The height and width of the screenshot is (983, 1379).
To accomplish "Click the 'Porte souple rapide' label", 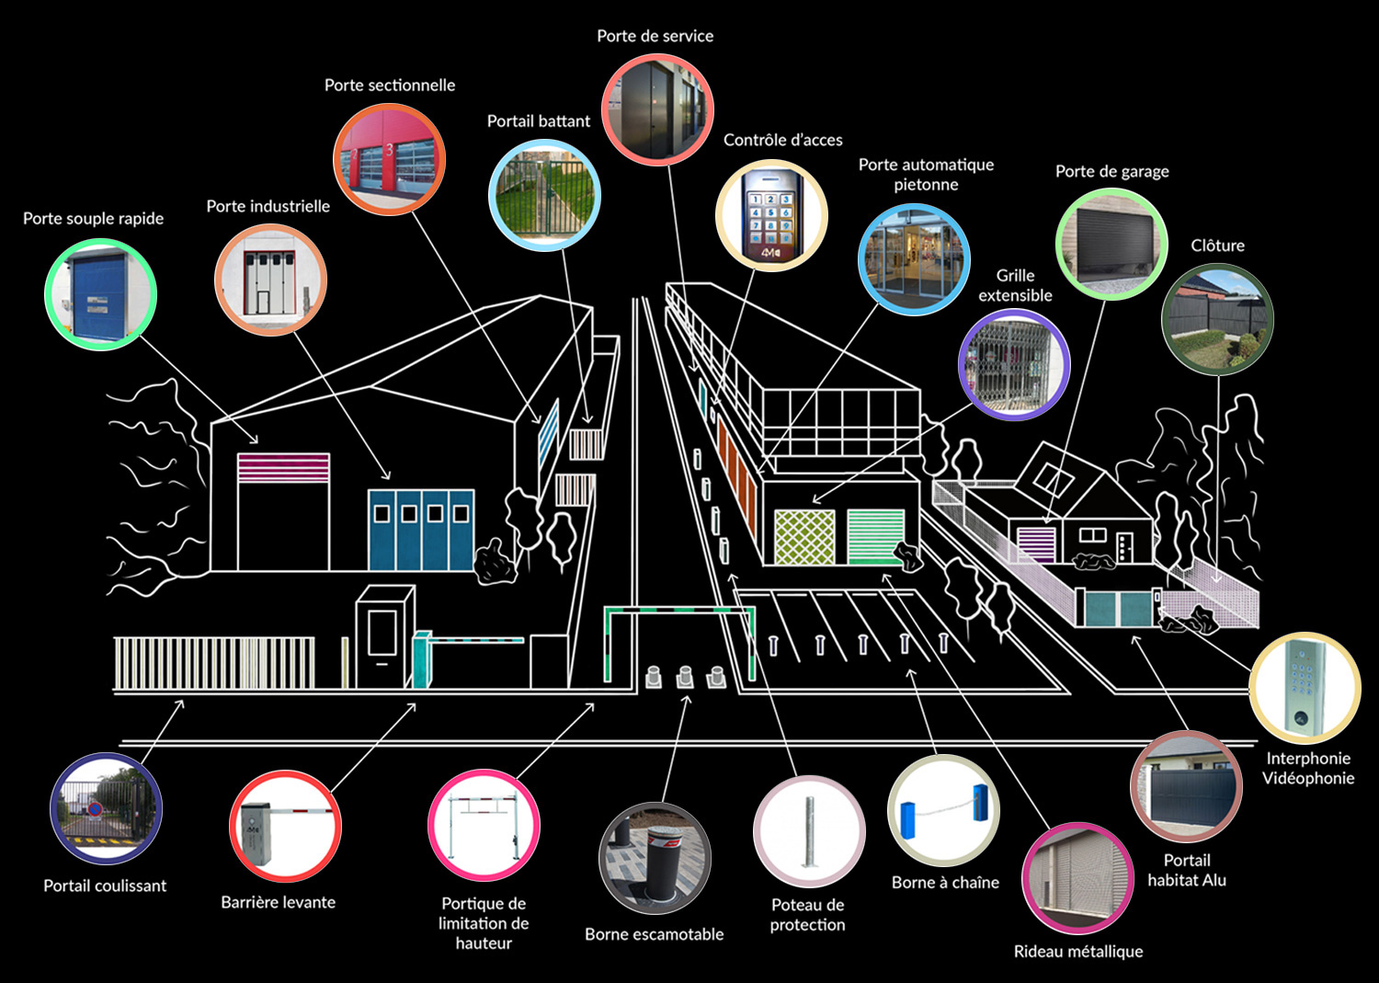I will (x=93, y=219).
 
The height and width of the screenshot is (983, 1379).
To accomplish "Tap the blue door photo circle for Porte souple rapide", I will (x=101, y=294).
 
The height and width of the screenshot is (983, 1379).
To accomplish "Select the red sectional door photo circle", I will (x=389, y=159).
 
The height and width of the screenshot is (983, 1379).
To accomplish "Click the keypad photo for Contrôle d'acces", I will (x=771, y=216).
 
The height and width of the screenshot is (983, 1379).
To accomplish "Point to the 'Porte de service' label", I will (x=655, y=37).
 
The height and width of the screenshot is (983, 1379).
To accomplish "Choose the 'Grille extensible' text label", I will (x=1015, y=285).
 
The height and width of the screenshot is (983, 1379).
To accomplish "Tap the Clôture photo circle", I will (x=1217, y=318).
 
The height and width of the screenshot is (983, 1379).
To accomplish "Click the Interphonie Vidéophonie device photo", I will (x=1305, y=687).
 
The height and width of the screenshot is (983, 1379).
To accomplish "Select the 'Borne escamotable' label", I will (x=654, y=934).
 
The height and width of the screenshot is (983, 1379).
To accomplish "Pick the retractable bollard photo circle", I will (x=655, y=858).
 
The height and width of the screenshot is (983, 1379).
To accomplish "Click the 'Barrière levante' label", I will (x=278, y=902).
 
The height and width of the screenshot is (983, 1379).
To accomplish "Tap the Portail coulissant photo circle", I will (x=106, y=808).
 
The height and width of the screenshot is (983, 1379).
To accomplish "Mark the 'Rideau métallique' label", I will (x=1077, y=952).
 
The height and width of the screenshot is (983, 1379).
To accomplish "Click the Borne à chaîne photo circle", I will (x=943, y=810).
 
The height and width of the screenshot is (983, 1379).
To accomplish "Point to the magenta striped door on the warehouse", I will (x=283, y=468).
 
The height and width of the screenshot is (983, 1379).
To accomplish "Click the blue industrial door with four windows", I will (x=421, y=531).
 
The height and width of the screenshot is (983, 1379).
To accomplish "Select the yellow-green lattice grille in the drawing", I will (x=804, y=536).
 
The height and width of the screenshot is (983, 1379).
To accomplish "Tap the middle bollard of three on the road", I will (x=685, y=678).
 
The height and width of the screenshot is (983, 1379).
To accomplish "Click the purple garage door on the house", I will (x=1036, y=543).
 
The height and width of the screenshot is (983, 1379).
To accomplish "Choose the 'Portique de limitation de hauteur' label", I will (x=484, y=923).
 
